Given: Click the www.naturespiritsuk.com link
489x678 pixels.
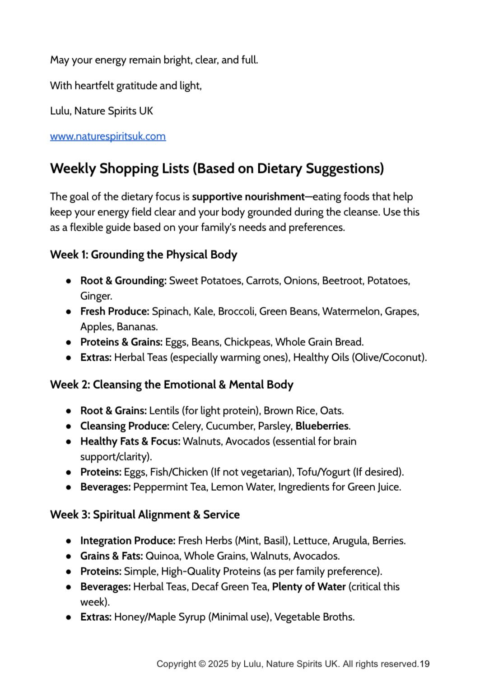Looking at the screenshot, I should (107, 136).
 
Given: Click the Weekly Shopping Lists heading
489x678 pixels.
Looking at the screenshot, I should (217, 168).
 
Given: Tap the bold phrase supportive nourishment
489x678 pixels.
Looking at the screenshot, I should (248, 197).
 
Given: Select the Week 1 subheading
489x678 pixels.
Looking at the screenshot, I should (143, 255).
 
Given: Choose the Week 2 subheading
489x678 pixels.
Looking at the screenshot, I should (172, 385).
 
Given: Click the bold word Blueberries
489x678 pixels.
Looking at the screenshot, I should (321, 426).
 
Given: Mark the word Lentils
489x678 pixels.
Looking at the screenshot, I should (164, 411).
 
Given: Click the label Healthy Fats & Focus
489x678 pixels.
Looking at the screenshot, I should (130, 441).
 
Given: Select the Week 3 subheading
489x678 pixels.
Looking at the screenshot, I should (144, 515).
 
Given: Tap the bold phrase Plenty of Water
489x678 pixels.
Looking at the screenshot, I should (309, 587).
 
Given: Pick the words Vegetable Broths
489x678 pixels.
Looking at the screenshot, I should (314, 618).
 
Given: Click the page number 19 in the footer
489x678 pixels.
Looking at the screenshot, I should (424, 664).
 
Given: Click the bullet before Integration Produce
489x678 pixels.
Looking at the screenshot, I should (69, 541).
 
